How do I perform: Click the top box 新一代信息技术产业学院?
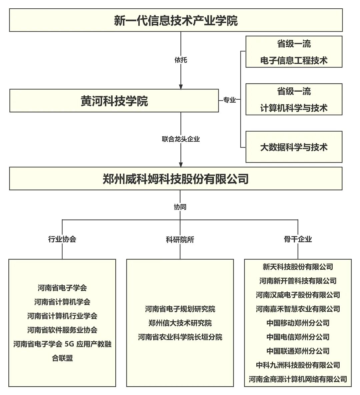pos(176,20)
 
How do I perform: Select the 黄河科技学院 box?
pos(114,101)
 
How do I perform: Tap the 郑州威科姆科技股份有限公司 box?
pos(176,179)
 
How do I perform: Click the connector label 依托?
pos(181,60)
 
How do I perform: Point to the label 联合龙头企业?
pos(181,139)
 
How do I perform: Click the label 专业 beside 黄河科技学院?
pos(229,100)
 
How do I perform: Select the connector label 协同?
pos(180,207)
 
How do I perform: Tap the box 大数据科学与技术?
pos(294,147)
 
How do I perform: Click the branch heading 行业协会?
pos(62,239)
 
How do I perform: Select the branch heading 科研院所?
pos(180,239)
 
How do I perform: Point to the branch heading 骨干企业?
pos(298,239)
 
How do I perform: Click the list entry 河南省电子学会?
pos(62,288)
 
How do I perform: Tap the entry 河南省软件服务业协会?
pos(62,330)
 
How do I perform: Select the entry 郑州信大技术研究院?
pos(180,323)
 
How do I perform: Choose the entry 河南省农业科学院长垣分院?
pos(180,337)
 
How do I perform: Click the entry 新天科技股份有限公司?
pos(298,267)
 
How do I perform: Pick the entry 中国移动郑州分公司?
pos(298,323)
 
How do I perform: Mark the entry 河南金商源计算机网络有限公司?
pos(298,379)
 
